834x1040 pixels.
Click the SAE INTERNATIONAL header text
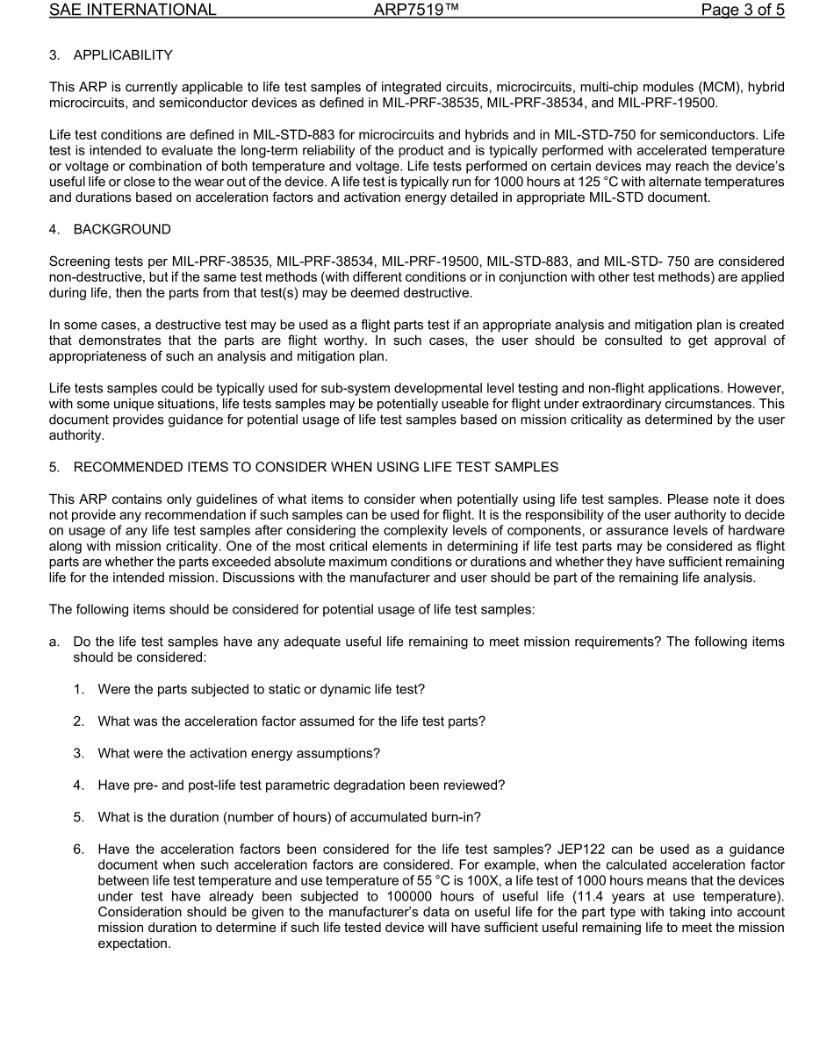133,11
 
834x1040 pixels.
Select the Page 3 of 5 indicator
742,11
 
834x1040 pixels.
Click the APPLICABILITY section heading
123,55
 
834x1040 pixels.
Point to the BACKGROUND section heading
122,229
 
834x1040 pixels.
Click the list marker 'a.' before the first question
54,642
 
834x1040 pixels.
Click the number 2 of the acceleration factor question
78,721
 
